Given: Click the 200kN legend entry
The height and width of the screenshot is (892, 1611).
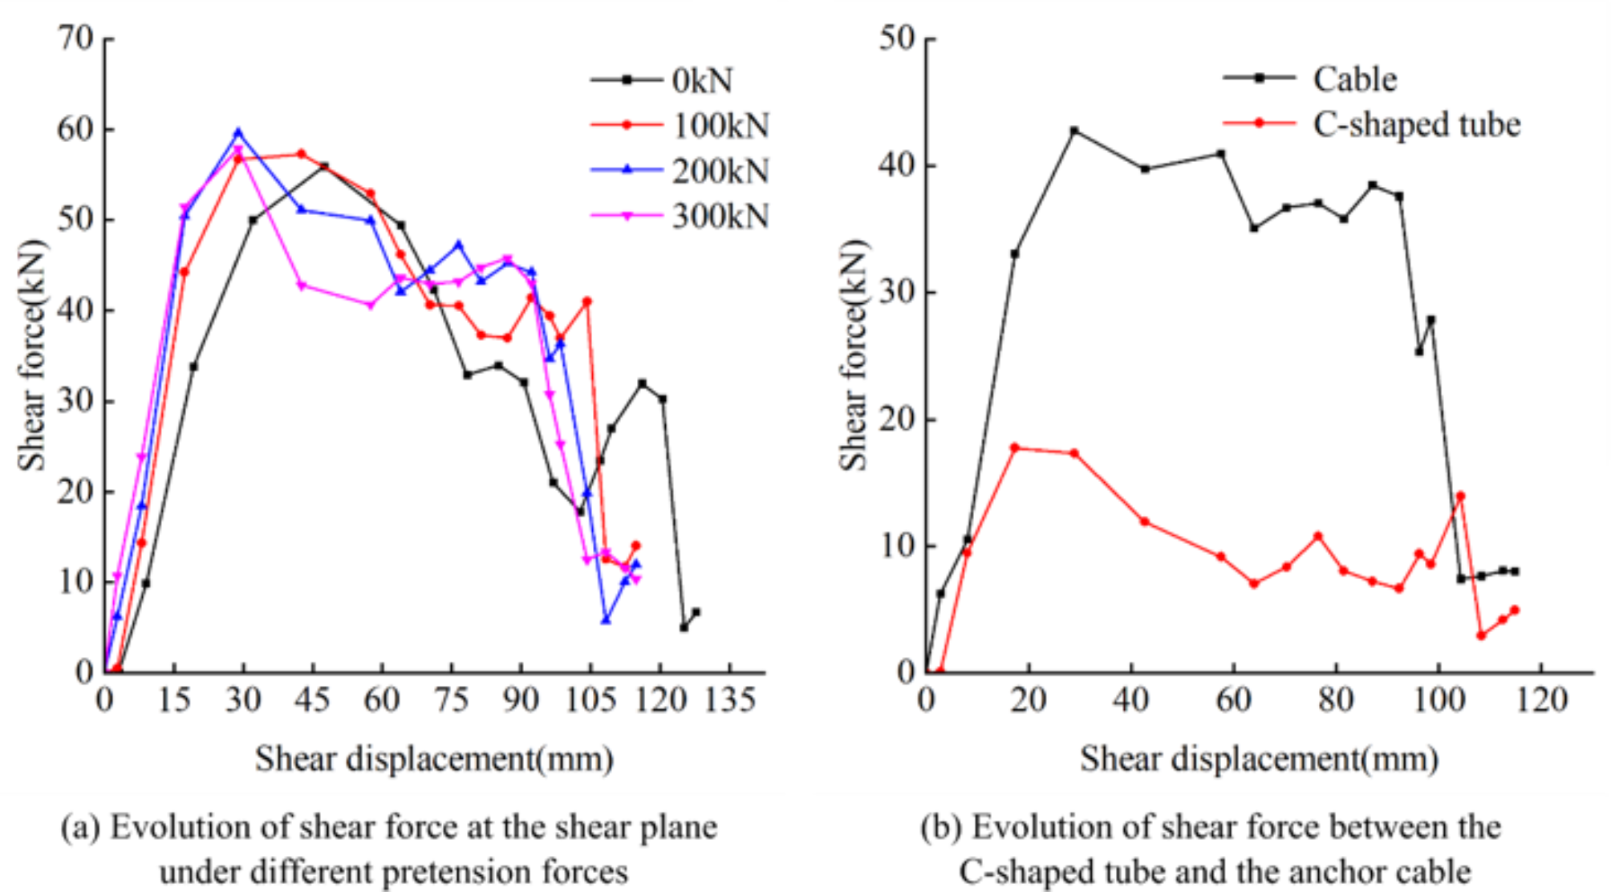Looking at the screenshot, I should coord(720,171).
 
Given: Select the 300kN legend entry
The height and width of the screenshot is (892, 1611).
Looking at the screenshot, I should coord(720,216).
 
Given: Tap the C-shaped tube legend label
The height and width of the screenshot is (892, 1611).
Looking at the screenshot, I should coord(1416,124).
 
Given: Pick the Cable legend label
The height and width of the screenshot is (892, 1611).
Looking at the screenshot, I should coord(1354,79).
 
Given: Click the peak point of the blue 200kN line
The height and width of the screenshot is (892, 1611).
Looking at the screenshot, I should coord(238,132).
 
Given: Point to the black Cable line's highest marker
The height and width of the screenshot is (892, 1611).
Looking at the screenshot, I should coord(1074,130).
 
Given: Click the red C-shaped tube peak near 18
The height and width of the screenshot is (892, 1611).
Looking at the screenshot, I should coord(1015,448).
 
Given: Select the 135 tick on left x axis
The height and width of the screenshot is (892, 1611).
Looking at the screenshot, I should coord(729,700).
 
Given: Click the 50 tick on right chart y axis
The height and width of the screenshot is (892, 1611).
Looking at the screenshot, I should coord(897,38).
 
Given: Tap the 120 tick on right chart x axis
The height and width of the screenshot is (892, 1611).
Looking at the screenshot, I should coord(1542,700).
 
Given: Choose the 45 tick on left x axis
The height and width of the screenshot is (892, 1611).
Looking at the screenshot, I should coord(312,700).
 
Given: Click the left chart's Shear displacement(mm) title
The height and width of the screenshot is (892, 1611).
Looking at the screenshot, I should coord(434,759).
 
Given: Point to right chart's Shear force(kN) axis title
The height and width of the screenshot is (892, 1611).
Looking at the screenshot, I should coord(853,354).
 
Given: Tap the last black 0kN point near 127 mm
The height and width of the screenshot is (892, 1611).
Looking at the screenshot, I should coord(696,611).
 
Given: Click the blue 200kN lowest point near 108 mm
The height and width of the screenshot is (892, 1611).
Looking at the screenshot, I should coord(606,620).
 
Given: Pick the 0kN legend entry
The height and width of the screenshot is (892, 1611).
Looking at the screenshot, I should coord(702,79).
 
